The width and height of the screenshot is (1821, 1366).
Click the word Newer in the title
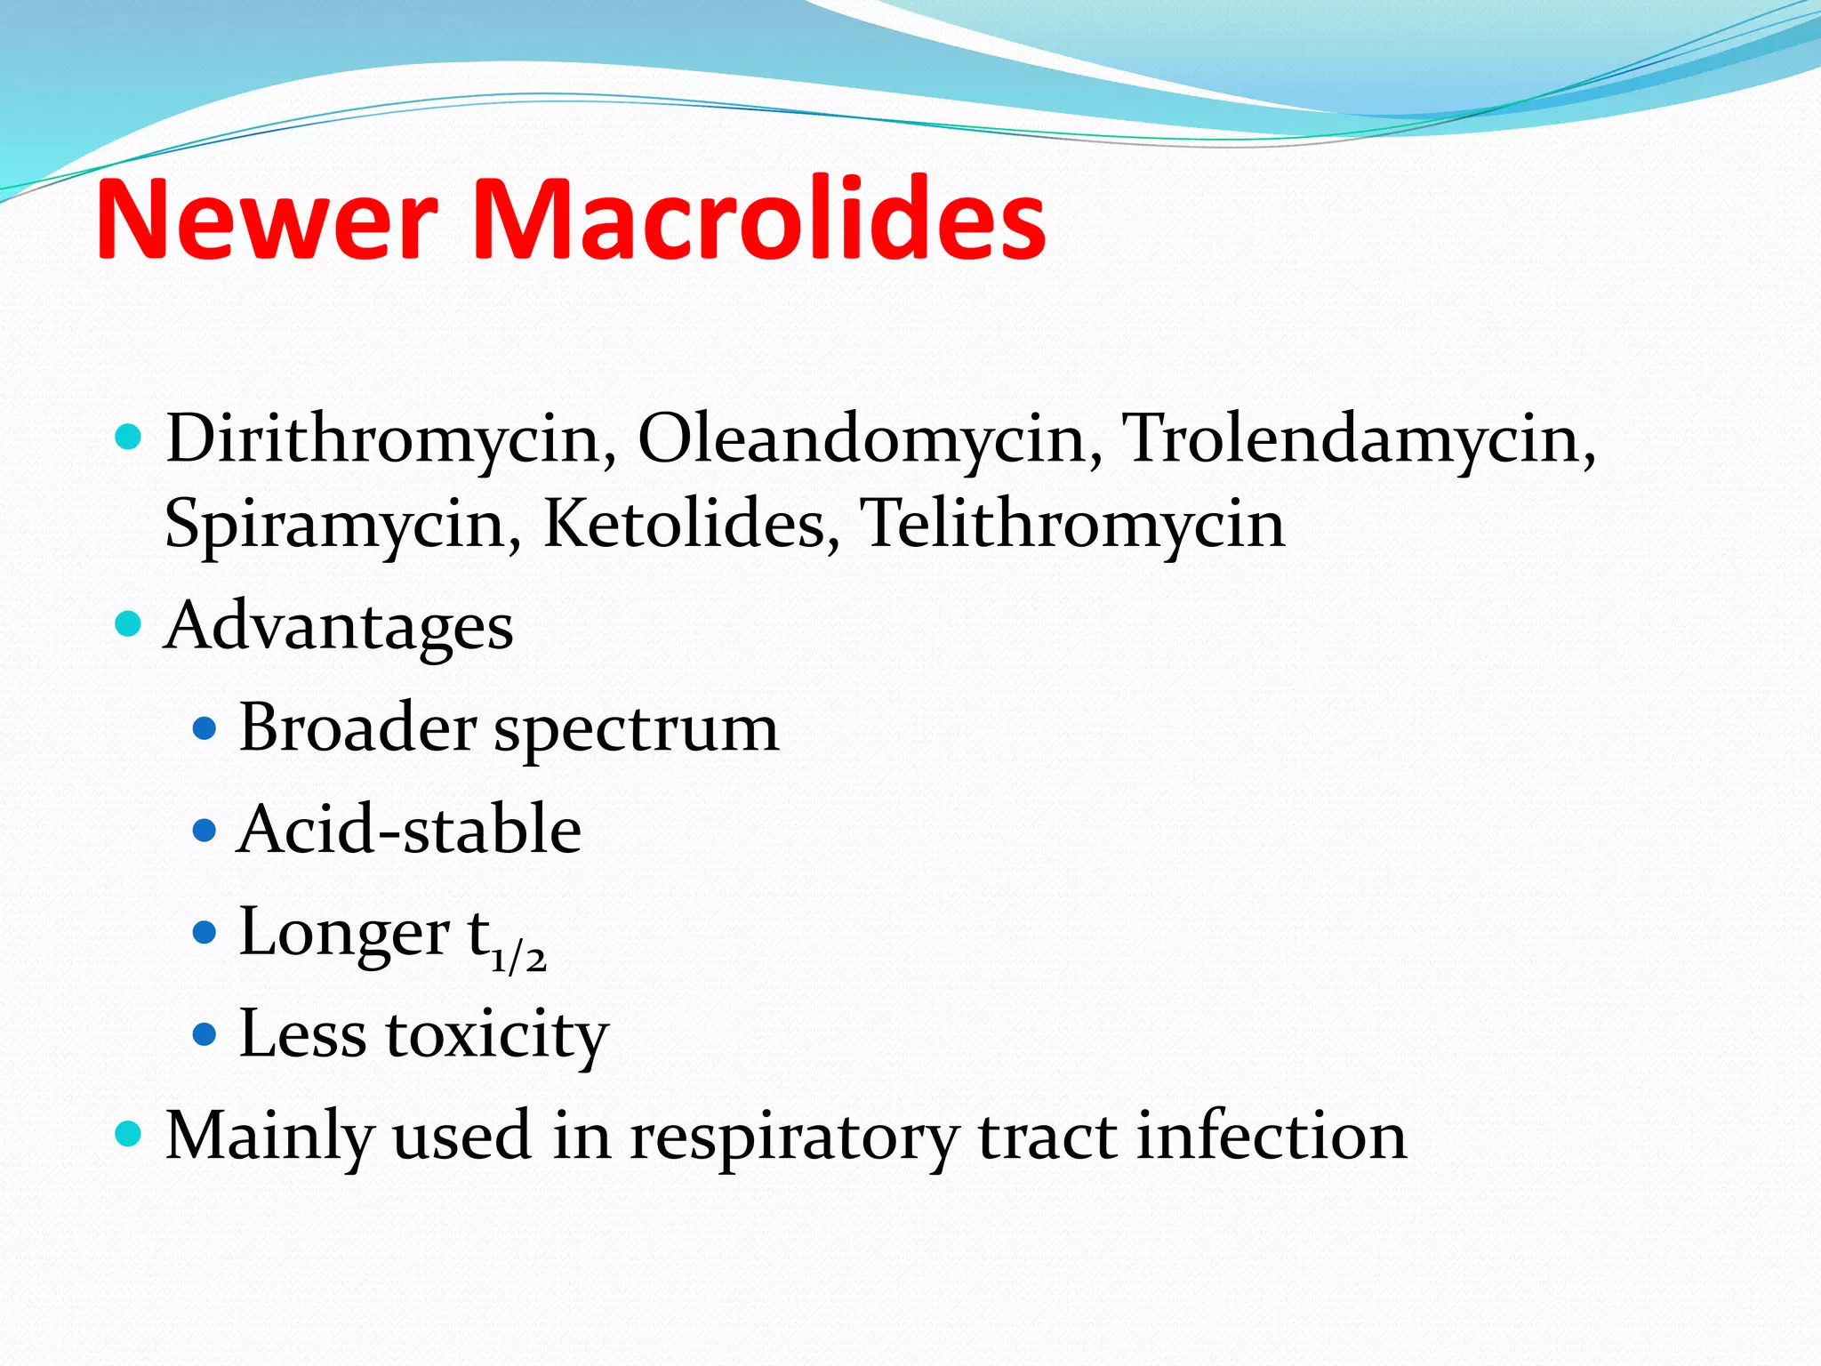pos(267,220)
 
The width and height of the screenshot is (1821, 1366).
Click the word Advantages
pos(339,627)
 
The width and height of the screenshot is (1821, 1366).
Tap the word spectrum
pos(636,730)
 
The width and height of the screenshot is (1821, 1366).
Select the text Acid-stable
pos(409,830)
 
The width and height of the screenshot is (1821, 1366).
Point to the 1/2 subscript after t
pos(518,958)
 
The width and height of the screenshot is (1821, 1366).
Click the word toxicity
pos(497,1035)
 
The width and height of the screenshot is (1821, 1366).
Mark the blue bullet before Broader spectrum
pos(205,729)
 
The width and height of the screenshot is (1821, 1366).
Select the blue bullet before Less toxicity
pos(205,1034)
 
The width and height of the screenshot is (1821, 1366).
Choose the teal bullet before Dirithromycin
pos(129,437)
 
